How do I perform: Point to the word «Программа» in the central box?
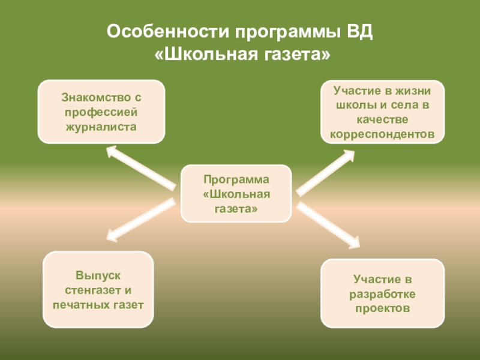tap(236, 179)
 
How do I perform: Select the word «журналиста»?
tap(101, 127)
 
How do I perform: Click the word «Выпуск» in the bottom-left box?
tap(98, 274)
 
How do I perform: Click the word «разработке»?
tap(382, 294)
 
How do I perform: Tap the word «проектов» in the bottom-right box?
tap(382, 309)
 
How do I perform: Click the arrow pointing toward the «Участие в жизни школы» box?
tap(326, 172)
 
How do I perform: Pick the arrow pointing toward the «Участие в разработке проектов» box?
tap(328, 225)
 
